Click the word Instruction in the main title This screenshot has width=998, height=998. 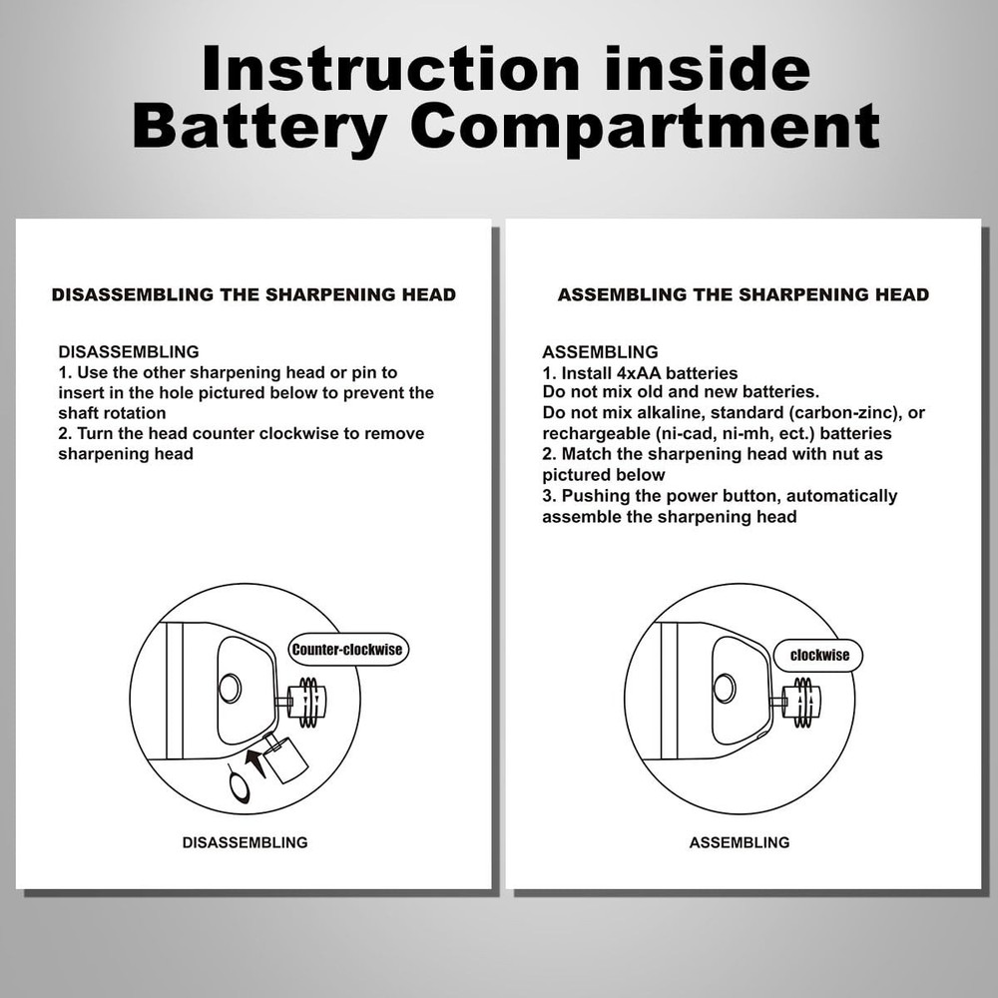390,68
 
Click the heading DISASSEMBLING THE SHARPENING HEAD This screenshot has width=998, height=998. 253,294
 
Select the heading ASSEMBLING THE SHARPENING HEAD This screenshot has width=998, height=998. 743,294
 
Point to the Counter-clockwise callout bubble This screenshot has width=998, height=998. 347,650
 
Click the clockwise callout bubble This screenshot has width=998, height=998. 819,656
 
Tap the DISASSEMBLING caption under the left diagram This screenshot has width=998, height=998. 246,842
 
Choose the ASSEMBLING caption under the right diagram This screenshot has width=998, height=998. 740,842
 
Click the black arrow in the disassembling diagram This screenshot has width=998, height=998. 255,760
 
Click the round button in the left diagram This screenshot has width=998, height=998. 229,688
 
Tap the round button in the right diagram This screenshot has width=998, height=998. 724,688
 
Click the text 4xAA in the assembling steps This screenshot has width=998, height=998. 639,373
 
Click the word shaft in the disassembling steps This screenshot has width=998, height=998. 79,414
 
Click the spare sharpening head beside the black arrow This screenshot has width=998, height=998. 284,759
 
